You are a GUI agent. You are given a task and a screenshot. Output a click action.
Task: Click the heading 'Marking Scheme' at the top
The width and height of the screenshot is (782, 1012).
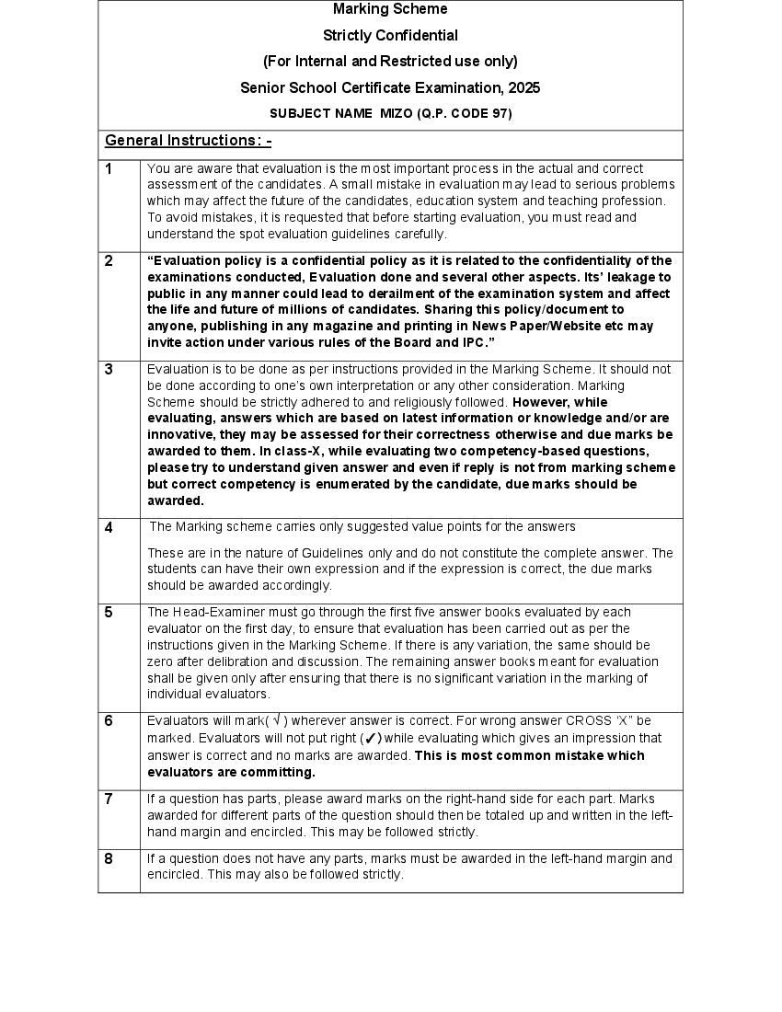[390, 9]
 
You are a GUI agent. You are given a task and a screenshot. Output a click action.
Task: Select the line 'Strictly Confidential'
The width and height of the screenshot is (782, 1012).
[390, 36]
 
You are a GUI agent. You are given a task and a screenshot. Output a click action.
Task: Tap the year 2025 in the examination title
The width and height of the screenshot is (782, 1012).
[523, 88]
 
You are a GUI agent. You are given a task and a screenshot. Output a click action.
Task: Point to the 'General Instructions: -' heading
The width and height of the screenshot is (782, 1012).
[188, 141]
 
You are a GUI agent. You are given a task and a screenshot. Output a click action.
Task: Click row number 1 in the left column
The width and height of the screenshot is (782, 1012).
[109, 169]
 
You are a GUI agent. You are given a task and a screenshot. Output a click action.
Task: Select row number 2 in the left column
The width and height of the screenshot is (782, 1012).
[109, 261]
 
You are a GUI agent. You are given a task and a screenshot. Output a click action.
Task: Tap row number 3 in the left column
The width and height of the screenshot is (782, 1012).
[109, 370]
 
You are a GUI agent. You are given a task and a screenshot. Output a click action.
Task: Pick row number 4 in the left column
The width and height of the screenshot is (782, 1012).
[109, 528]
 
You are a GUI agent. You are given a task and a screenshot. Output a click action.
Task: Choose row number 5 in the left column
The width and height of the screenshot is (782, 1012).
[109, 613]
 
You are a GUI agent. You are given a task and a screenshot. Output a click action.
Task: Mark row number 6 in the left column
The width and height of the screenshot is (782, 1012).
[109, 721]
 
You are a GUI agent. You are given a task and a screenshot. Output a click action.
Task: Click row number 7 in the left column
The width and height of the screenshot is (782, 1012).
[109, 799]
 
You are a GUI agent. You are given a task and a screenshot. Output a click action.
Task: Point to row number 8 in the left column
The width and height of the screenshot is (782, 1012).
[109, 859]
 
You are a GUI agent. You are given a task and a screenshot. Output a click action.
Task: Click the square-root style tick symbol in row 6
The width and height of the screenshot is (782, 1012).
[277, 720]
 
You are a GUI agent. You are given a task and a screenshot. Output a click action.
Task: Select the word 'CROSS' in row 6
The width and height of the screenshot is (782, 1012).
[588, 721]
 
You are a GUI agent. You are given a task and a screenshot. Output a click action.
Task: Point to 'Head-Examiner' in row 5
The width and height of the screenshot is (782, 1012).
[213, 613]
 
